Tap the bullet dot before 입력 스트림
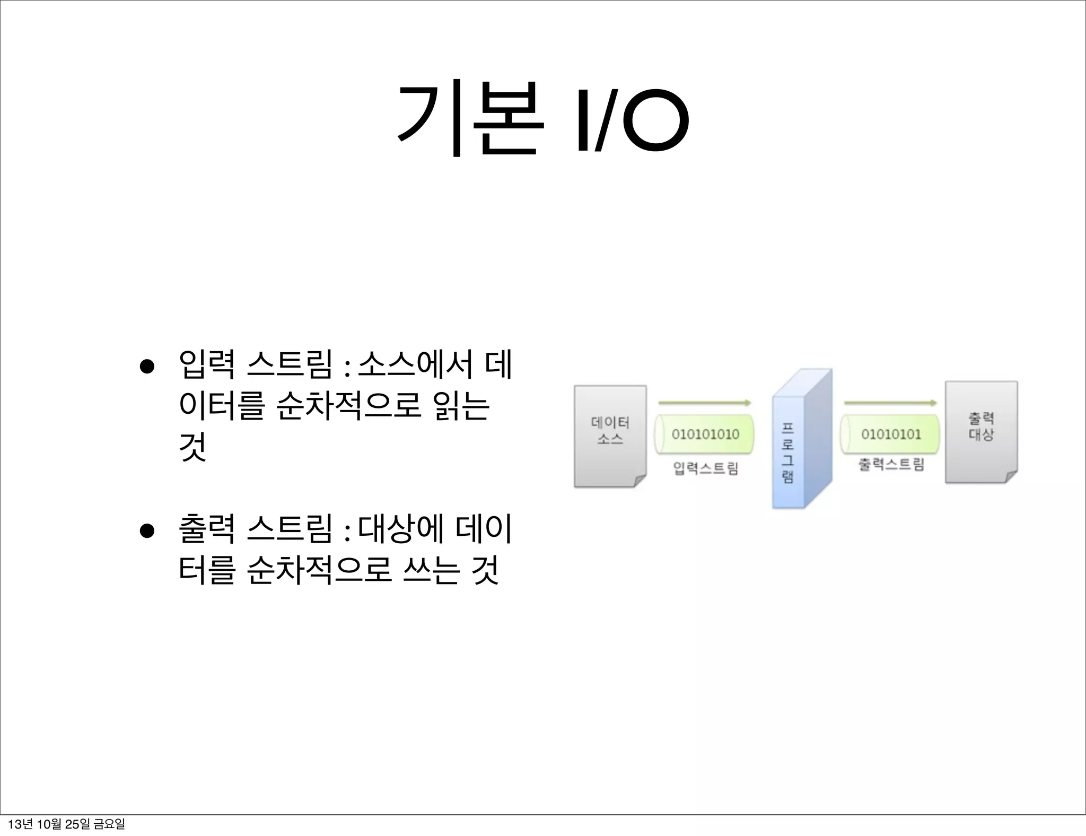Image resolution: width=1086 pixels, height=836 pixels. point(147,367)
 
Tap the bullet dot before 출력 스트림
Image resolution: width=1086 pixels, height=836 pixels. point(147,531)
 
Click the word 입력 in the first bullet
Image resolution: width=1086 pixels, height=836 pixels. point(207,365)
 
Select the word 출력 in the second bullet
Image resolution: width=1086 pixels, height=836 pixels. point(207,530)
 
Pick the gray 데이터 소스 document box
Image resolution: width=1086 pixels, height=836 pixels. point(610,436)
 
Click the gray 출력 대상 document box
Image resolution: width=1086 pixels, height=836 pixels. point(981,432)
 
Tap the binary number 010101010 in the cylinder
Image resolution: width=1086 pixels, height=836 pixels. point(705,434)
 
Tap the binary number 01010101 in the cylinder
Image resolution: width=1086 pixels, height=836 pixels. point(891,434)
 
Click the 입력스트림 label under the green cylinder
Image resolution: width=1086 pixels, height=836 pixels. point(705,468)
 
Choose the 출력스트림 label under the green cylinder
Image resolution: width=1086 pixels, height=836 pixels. point(891,465)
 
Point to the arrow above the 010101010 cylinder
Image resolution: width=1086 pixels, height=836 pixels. point(705,403)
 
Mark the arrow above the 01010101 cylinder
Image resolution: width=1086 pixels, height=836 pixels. point(891,403)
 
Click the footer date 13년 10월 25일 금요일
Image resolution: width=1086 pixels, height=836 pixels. point(67,824)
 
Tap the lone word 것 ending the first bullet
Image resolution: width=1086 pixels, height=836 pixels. point(192,448)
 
